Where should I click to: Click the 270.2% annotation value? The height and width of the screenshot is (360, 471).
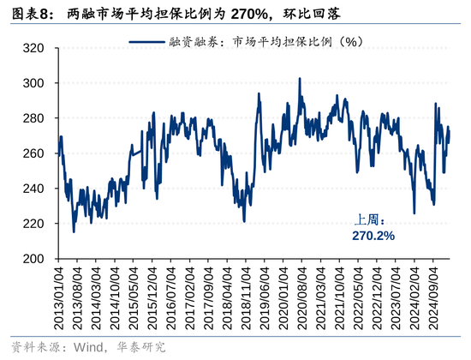373,235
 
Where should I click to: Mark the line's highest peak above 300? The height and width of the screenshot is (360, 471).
299,79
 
